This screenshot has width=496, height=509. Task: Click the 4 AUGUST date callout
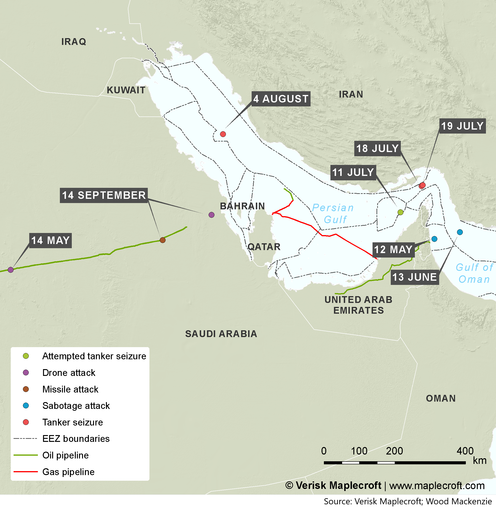point(281,99)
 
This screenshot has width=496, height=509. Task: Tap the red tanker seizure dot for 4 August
point(223,134)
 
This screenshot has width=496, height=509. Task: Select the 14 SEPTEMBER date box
point(104,195)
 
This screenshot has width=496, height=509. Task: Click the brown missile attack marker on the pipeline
point(163,240)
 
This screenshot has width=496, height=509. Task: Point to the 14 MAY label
point(50,240)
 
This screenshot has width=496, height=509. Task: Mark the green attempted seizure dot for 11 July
point(400,212)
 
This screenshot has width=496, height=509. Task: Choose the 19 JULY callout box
point(462,126)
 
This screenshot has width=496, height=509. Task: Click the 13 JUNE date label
point(414,277)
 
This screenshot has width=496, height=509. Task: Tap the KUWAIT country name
point(126,90)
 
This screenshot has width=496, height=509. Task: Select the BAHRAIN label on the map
point(242,206)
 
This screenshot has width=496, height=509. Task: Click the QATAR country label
point(264,247)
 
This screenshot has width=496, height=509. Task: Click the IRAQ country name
point(74,42)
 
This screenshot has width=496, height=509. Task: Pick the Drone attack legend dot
point(26,373)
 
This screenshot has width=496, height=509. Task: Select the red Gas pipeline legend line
point(25,472)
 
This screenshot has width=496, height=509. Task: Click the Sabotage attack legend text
point(76,406)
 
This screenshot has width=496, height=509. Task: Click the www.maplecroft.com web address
point(437,486)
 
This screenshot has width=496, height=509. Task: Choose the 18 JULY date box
point(377,149)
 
